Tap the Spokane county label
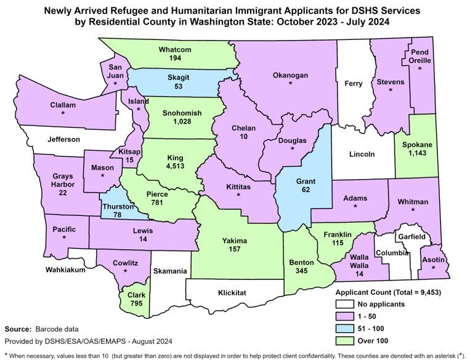[x=417, y=145]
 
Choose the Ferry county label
[x=354, y=83]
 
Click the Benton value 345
[x=302, y=271]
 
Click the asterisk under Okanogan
[x=290, y=84]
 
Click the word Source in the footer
[x=18, y=329]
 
